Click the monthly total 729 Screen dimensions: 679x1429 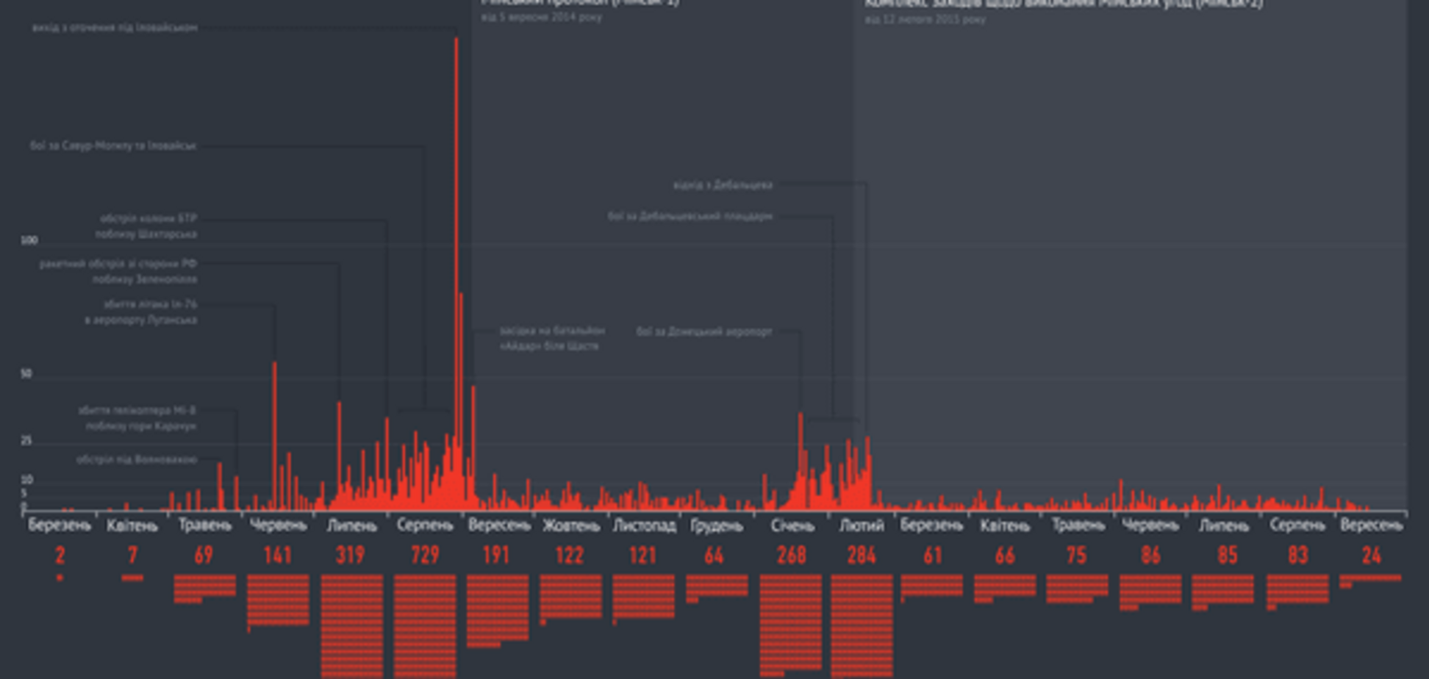pos(425,555)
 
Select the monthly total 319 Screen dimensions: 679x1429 pos(351,555)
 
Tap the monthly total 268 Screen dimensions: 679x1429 pos(791,555)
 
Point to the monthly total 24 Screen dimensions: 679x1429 pos(1371,555)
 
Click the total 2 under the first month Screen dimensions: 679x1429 pos(60,555)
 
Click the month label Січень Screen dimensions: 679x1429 pos(792,525)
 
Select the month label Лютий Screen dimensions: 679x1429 pos(862,525)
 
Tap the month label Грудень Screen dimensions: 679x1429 pos(717,525)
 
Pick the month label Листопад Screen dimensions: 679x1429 pos(644,525)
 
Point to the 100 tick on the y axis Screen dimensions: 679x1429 pos(29,240)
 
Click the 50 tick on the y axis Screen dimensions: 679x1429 pos(26,373)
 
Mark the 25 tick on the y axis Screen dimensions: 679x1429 pos(26,440)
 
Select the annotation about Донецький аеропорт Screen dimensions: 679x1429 pos(704,331)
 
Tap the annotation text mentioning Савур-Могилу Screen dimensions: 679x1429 pos(113,145)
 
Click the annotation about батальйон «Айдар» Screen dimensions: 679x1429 pos(552,338)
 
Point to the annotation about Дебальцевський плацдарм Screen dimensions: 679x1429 pos(690,216)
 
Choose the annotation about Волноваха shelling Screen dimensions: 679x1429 pos(137,459)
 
